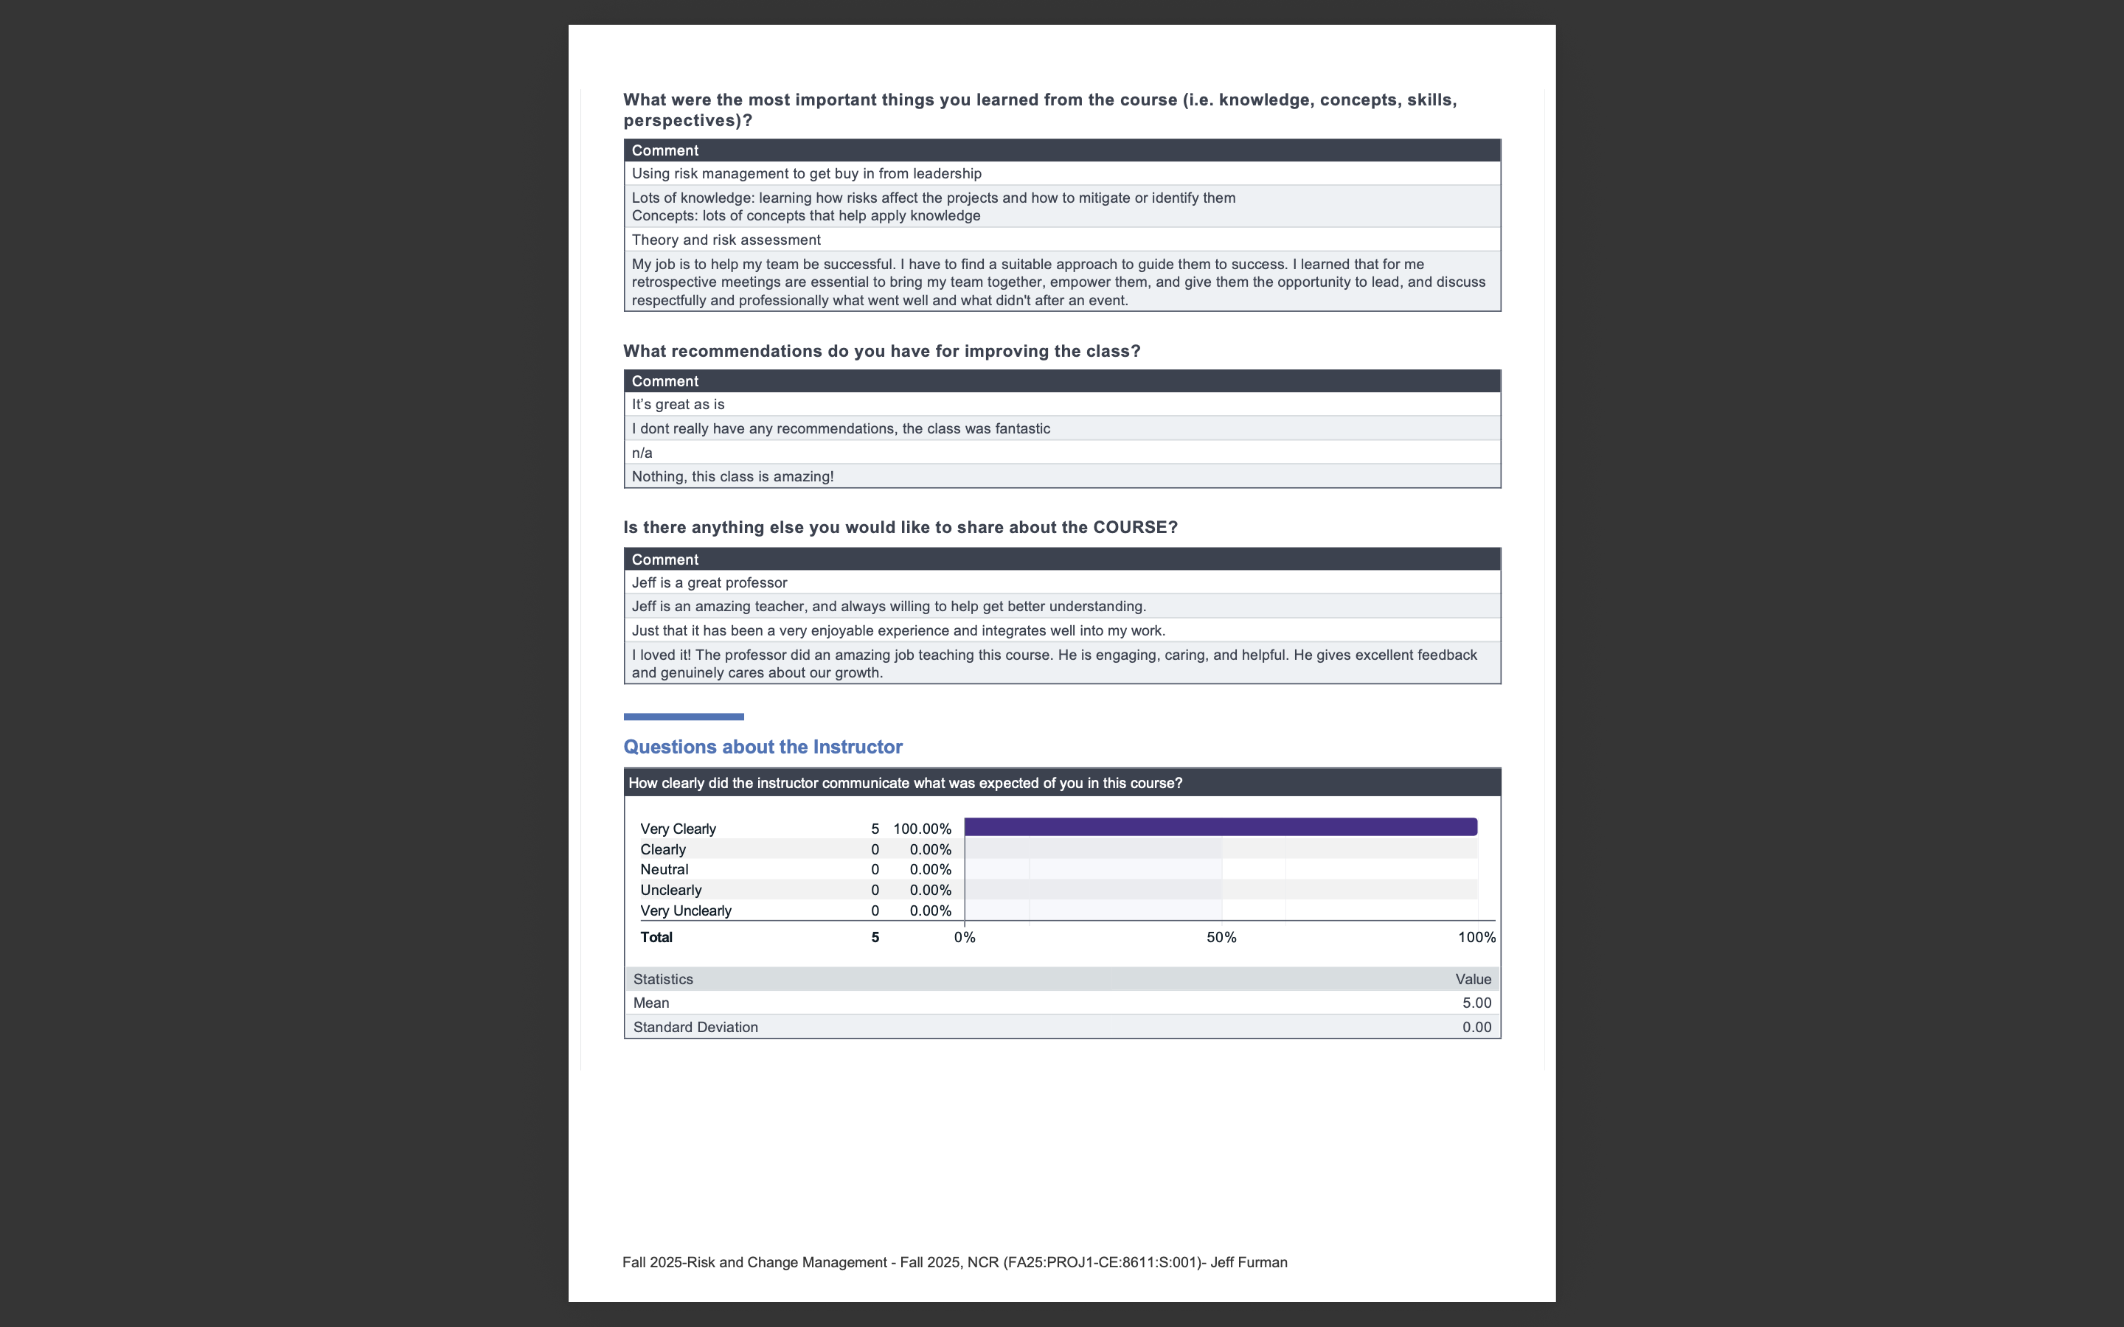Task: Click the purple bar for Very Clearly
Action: click(x=1220, y=826)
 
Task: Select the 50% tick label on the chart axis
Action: click(x=1221, y=937)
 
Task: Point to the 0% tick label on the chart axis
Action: click(x=965, y=937)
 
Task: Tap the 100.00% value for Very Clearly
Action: click(x=922, y=829)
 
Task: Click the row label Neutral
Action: click(x=664, y=870)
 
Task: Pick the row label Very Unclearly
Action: click(x=685, y=911)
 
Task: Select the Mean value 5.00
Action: click(x=1476, y=1003)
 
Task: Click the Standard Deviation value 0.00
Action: click(x=1476, y=1027)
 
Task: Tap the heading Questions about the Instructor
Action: click(x=762, y=747)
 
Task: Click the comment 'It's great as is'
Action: click(x=678, y=405)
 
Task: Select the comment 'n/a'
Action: click(x=642, y=453)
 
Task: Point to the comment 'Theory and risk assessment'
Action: click(x=726, y=240)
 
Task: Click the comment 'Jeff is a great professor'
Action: click(x=709, y=582)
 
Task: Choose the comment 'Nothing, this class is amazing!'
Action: click(x=732, y=476)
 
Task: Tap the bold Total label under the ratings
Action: click(x=656, y=937)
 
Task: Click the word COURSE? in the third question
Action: click(x=1135, y=527)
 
